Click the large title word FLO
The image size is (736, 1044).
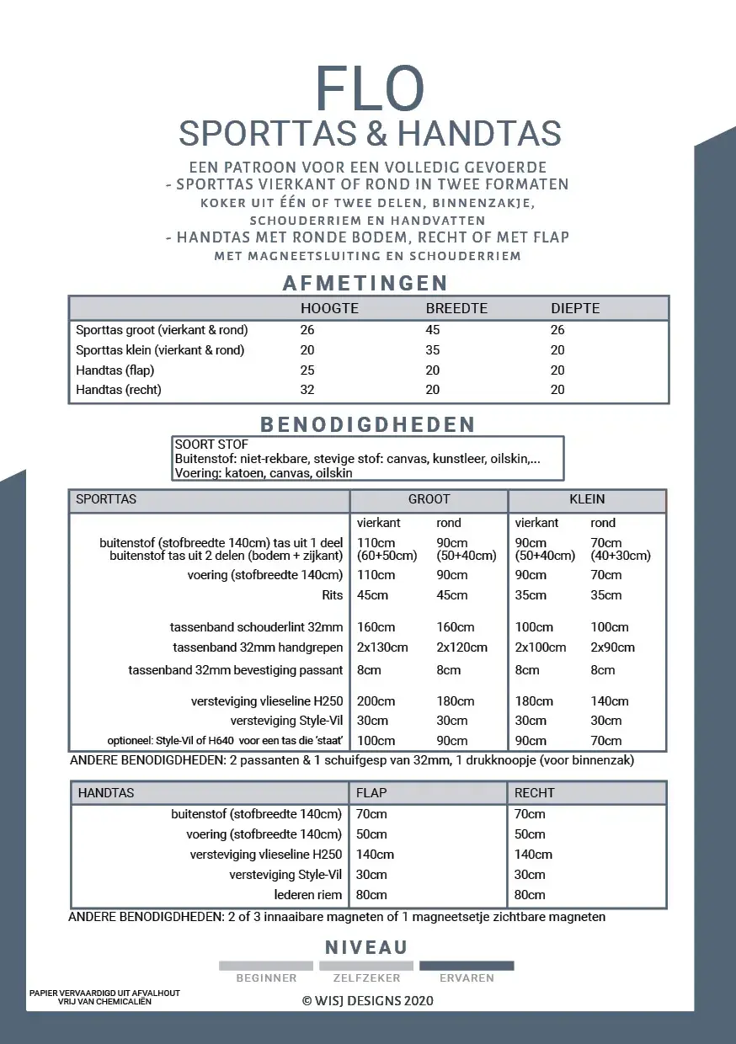click(370, 88)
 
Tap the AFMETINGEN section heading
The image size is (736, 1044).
click(365, 283)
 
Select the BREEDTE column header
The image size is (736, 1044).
click(456, 308)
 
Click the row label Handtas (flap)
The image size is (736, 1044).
click(115, 370)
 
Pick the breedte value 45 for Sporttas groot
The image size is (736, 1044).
click(433, 329)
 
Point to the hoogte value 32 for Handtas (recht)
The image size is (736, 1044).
click(307, 390)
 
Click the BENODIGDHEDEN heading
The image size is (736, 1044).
click(367, 423)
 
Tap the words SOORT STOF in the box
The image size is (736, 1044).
click(211, 445)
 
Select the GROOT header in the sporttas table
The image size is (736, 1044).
click(429, 499)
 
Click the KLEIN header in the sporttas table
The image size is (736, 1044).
click(587, 499)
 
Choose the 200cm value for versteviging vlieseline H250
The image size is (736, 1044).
click(376, 700)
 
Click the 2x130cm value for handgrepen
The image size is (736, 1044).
click(382, 647)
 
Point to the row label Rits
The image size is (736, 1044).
click(333, 595)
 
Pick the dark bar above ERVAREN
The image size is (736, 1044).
click(467, 966)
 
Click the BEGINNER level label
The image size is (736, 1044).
click(266, 978)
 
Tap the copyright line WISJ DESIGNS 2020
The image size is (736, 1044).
click(368, 1001)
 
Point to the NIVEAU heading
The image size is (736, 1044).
click(366, 947)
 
